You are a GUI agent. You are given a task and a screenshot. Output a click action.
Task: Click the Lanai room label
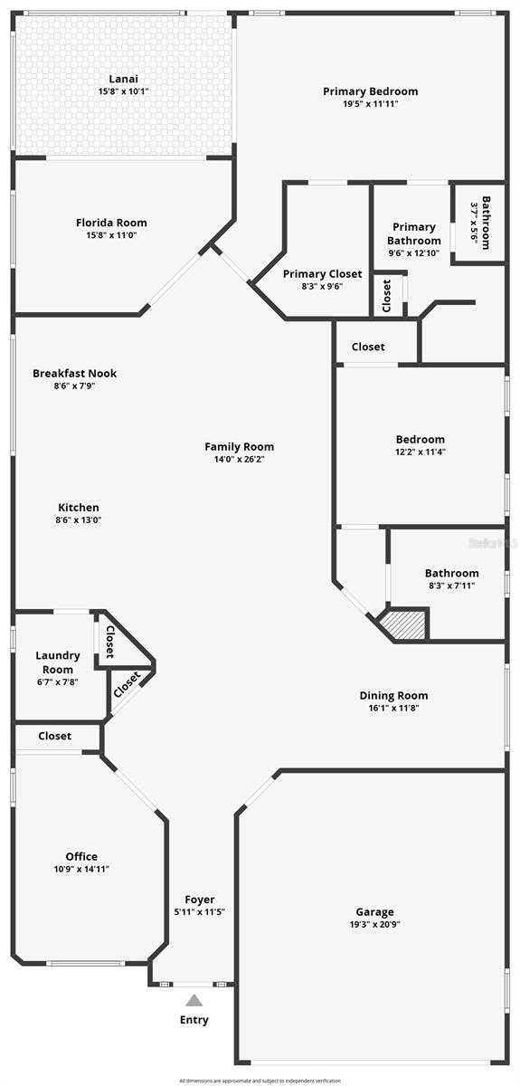(124, 79)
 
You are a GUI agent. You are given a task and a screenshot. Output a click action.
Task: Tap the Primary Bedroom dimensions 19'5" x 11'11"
(370, 104)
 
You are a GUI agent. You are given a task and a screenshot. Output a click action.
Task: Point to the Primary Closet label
(322, 273)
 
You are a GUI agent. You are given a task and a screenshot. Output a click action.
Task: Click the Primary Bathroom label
(414, 233)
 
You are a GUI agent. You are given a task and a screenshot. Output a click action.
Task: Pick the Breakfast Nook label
(74, 373)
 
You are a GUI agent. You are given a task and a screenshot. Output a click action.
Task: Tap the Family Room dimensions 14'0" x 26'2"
(239, 459)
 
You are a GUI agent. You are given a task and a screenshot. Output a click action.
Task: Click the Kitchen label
(79, 508)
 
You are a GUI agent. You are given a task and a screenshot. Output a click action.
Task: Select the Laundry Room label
(58, 662)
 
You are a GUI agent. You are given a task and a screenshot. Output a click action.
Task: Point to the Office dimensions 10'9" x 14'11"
(81, 869)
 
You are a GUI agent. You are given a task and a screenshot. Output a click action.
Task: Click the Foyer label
(200, 899)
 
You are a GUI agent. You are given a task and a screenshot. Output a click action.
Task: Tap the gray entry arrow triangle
(194, 1000)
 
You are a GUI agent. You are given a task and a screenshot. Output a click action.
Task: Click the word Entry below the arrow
(194, 1020)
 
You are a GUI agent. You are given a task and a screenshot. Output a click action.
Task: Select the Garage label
(374, 912)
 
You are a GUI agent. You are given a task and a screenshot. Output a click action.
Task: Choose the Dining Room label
(393, 695)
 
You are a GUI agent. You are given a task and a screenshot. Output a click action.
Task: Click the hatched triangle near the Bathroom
(406, 624)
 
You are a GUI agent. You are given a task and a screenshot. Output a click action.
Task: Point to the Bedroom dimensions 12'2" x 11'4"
(421, 452)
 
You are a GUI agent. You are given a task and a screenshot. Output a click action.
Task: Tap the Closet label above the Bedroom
(368, 347)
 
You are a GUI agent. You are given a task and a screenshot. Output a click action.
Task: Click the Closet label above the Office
(54, 736)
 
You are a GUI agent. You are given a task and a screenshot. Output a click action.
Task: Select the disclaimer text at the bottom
(260, 1081)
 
